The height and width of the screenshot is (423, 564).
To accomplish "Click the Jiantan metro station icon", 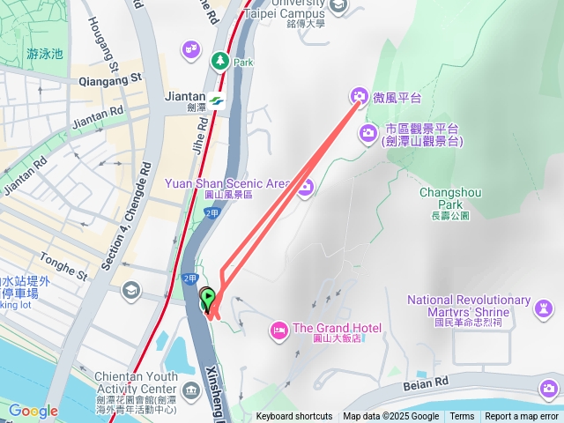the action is click(217, 100).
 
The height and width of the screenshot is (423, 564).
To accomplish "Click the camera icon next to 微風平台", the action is click(359, 96).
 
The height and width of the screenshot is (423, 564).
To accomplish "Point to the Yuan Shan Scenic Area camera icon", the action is click(305, 187).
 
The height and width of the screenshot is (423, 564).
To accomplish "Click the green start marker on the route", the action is click(208, 299).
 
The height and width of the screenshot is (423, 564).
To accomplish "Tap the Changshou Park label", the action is click(442, 198).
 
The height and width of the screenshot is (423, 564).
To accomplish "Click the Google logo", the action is click(33, 411).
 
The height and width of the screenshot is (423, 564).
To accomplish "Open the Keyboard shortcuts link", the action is click(294, 417).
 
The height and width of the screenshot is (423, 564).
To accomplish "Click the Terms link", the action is click(462, 417).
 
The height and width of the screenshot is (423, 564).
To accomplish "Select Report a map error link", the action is click(522, 417).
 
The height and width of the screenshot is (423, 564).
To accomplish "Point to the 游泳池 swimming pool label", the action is click(45, 54).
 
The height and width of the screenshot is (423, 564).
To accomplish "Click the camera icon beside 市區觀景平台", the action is click(367, 133).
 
